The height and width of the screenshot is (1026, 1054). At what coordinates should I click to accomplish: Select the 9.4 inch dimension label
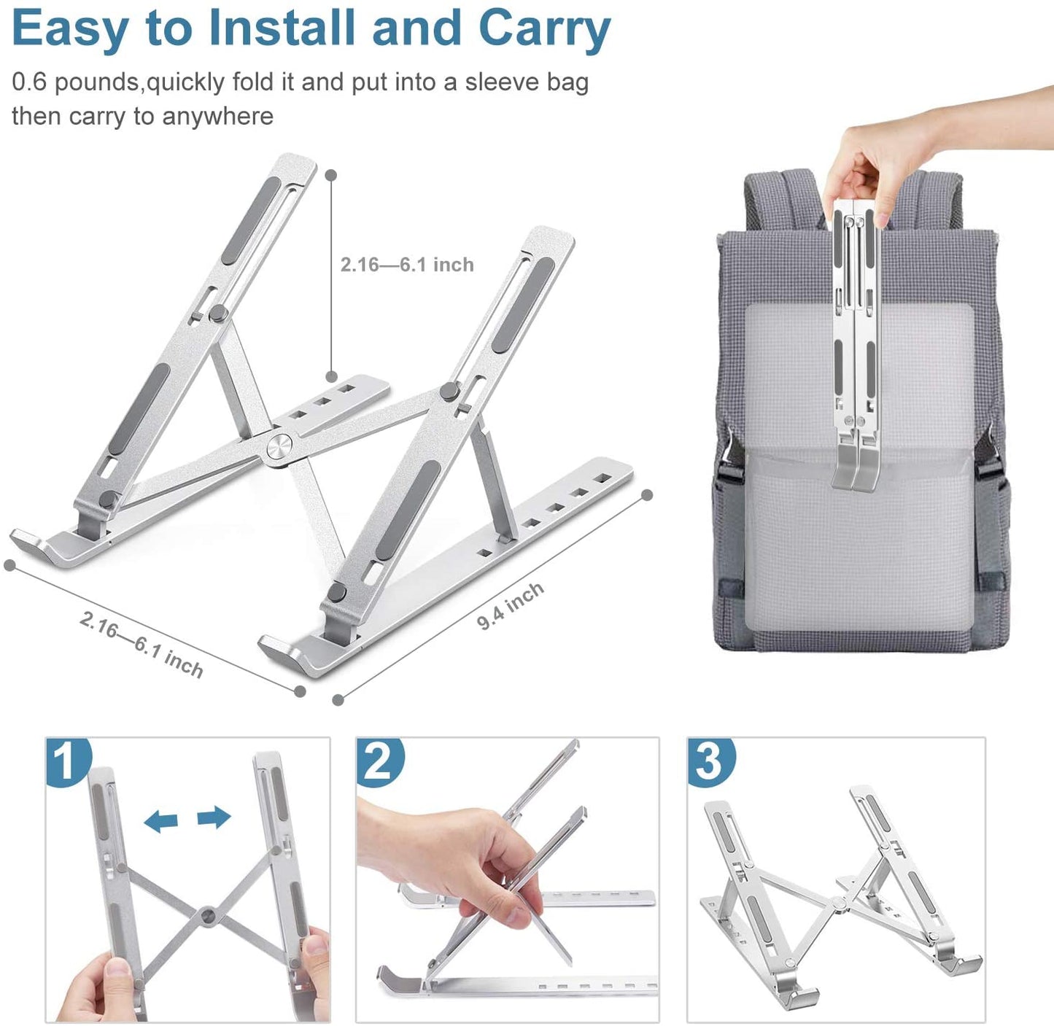click(511, 606)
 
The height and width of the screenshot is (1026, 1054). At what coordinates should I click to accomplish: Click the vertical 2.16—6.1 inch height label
click(407, 265)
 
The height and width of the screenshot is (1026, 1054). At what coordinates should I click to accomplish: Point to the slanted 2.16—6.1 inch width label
click(142, 644)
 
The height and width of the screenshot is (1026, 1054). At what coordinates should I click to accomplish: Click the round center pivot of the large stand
click(279, 448)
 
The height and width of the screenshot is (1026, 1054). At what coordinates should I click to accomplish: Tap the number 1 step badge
click(67, 761)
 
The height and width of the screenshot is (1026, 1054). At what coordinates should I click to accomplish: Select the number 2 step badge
click(379, 761)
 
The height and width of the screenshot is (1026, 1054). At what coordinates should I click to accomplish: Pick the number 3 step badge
click(710, 761)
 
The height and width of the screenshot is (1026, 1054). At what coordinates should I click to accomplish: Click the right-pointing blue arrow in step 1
click(214, 817)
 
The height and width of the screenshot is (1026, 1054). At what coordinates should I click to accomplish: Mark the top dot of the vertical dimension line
click(331, 175)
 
